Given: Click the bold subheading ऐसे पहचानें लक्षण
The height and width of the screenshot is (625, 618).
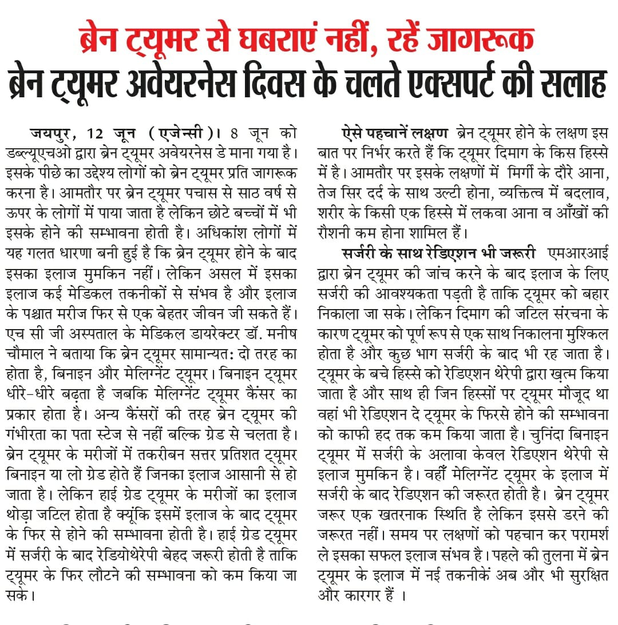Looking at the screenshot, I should [x=394, y=134].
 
